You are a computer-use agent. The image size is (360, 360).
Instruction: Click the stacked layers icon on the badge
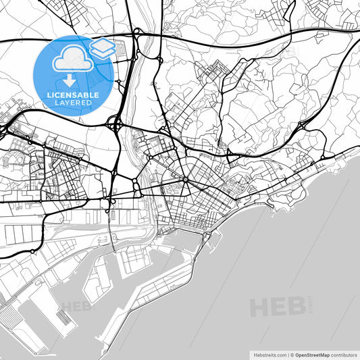tap(103, 48)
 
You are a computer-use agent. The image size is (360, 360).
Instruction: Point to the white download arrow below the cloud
tap(71, 79)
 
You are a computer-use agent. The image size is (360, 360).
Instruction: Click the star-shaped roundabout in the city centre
tap(186, 180)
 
